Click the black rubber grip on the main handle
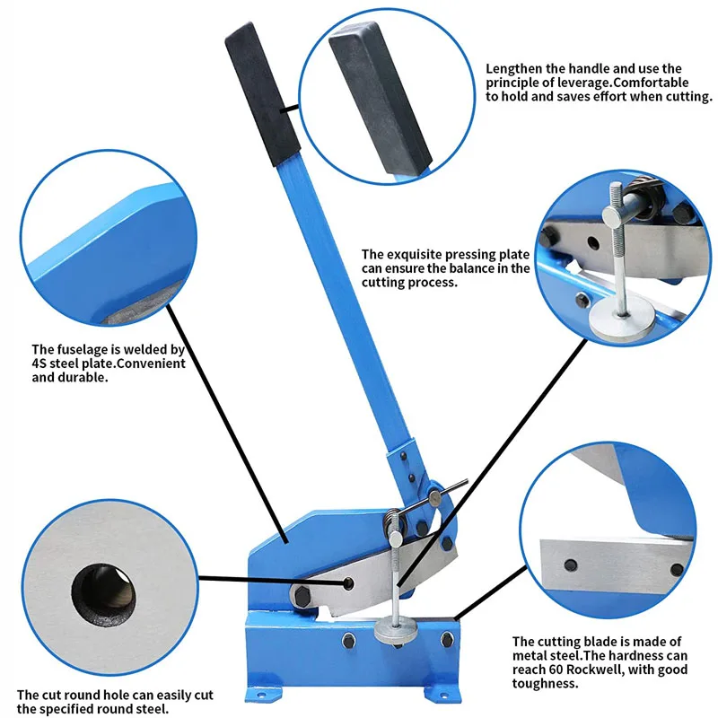click(x=262, y=94)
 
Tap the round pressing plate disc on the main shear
click(x=395, y=631)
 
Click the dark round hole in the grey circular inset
click(x=103, y=595)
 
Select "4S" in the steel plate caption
click(x=39, y=363)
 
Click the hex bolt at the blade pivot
click(x=302, y=597)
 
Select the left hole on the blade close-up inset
click(x=571, y=565)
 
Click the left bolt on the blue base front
click(x=348, y=641)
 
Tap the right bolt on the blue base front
click(x=446, y=640)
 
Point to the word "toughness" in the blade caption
click(x=544, y=684)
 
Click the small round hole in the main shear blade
click(x=349, y=583)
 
